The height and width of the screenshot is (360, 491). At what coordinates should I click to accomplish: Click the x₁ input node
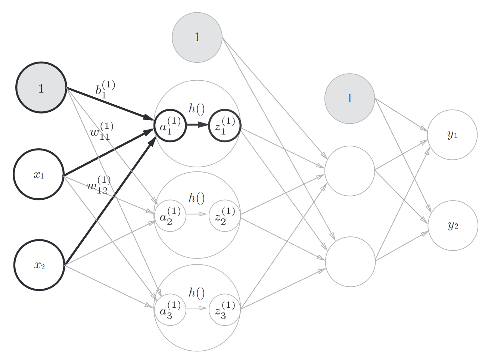39,174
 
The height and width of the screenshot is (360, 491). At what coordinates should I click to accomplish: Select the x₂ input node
40,265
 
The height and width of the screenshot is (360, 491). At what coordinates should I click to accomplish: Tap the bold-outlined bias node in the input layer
41,88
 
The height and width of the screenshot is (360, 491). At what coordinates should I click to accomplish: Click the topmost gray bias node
197,37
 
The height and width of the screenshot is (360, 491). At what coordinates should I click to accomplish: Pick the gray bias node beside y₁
349,99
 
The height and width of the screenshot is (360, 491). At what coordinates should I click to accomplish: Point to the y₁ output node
452,135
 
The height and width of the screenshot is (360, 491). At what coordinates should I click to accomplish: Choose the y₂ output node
453,226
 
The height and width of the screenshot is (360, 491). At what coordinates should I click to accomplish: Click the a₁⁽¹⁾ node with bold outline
170,125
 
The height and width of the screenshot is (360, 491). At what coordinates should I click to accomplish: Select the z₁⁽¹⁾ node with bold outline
225,125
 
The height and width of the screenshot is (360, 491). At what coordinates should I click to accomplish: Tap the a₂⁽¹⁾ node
170,216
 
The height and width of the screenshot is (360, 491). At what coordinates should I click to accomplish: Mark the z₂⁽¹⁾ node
225,216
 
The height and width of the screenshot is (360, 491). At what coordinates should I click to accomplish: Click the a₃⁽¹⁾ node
170,310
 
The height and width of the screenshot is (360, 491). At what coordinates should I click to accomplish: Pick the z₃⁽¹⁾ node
225,310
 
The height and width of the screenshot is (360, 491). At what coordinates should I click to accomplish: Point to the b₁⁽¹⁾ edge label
105,90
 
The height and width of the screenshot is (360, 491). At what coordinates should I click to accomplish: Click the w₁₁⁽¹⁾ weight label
102,131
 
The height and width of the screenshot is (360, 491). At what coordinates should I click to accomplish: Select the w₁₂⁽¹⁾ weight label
99,185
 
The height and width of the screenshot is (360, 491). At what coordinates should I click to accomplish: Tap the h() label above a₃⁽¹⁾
197,292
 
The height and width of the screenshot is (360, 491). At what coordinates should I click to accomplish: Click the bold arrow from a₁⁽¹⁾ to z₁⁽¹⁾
197,125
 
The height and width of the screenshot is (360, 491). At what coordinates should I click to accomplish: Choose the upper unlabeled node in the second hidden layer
349,171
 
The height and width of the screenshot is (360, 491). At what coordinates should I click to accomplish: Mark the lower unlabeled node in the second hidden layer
350,262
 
